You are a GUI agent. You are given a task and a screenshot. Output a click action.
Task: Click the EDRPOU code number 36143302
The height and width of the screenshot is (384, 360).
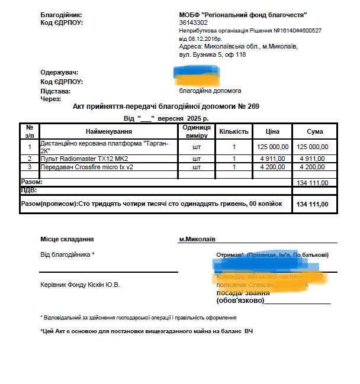pyautogui.click(x=194, y=22)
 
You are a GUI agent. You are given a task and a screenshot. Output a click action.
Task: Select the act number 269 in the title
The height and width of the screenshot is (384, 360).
pyautogui.click(x=253, y=107)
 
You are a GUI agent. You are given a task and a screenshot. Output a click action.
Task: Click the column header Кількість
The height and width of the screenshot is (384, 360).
pyautogui.click(x=234, y=131)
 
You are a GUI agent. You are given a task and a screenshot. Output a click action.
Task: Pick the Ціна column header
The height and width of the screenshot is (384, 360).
pyautogui.click(x=272, y=131)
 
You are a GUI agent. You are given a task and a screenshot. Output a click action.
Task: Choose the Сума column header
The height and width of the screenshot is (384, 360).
pyautogui.click(x=314, y=131)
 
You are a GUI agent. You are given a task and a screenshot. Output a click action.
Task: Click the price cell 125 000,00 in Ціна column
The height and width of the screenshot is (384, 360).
pyautogui.click(x=273, y=147)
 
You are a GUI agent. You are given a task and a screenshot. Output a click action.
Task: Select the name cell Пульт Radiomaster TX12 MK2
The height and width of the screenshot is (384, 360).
pyautogui.click(x=83, y=159)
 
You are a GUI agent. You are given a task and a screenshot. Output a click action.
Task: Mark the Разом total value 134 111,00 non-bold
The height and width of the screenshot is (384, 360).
pyautogui.click(x=314, y=183)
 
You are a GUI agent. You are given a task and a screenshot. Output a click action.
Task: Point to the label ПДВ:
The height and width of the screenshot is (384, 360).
pyautogui.click(x=29, y=191)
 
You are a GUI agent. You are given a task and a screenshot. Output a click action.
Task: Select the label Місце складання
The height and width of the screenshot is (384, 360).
pyautogui.click(x=67, y=239)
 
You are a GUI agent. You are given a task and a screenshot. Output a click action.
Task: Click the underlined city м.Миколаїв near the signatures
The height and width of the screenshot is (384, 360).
pyautogui.click(x=197, y=239)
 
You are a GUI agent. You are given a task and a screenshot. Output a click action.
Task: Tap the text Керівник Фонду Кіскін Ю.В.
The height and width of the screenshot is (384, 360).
pyautogui.click(x=80, y=285)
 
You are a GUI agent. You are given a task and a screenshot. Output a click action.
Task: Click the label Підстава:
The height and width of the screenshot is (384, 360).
pyautogui.click(x=55, y=91)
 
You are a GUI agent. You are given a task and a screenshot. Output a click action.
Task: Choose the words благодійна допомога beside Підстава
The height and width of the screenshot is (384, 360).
pyautogui.click(x=210, y=91)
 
